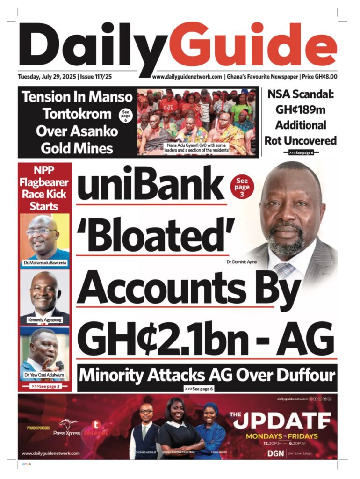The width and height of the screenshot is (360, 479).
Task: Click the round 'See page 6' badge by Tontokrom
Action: (x=125, y=116)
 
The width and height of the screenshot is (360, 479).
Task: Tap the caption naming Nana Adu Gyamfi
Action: (x=198, y=148)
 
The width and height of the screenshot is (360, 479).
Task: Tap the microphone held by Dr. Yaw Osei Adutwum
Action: (x=60, y=364)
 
